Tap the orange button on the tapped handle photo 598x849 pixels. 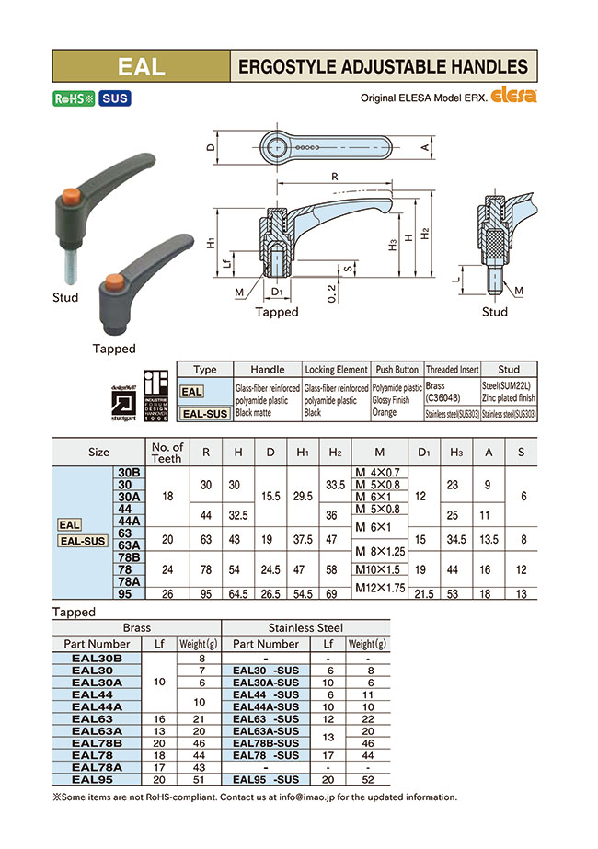(x=114, y=280)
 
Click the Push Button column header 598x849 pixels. (x=397, y=369)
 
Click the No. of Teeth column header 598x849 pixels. (x=167, y=452)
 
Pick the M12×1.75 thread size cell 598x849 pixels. (x=379, y=588)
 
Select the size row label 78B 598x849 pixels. (x=128, y=557)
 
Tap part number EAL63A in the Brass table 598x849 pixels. (x=97, y=730)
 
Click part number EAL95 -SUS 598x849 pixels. (x=266, y=778)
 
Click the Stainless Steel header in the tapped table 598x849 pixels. (x=305, y=628)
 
